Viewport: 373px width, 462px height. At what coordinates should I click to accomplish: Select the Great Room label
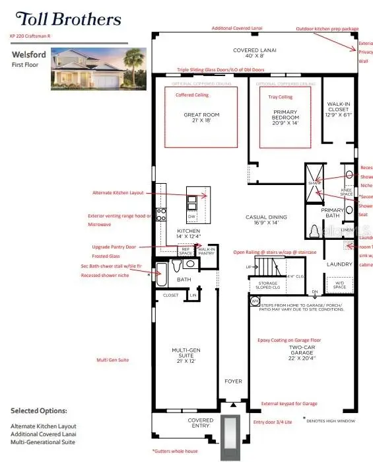[x=201, y=118]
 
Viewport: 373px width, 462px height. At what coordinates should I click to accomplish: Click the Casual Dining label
[x=263, y=219]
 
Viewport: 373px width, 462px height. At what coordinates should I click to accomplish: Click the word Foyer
[x=233, y=381]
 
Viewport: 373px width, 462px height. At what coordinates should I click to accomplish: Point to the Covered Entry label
[x=200, y=424]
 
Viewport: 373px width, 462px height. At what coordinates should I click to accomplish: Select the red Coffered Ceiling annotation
[x=191, y=95]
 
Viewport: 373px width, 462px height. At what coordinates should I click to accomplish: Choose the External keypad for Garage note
[x=288, y=403]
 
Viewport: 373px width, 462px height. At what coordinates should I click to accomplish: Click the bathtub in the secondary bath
[x=162, y=269]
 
